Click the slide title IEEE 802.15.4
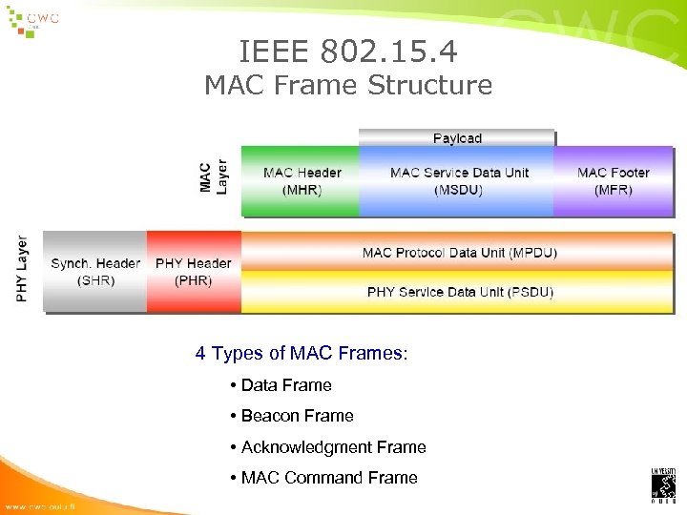348,49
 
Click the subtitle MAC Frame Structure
348,86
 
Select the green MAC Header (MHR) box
302,181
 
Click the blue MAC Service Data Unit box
458,181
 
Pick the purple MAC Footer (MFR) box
613,181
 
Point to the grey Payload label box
457,138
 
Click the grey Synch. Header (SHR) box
95,272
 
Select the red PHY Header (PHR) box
194,272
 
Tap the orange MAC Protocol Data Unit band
459,253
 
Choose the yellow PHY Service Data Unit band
459,292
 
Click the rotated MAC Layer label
214,177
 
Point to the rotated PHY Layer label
22,270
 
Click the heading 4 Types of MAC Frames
302,354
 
